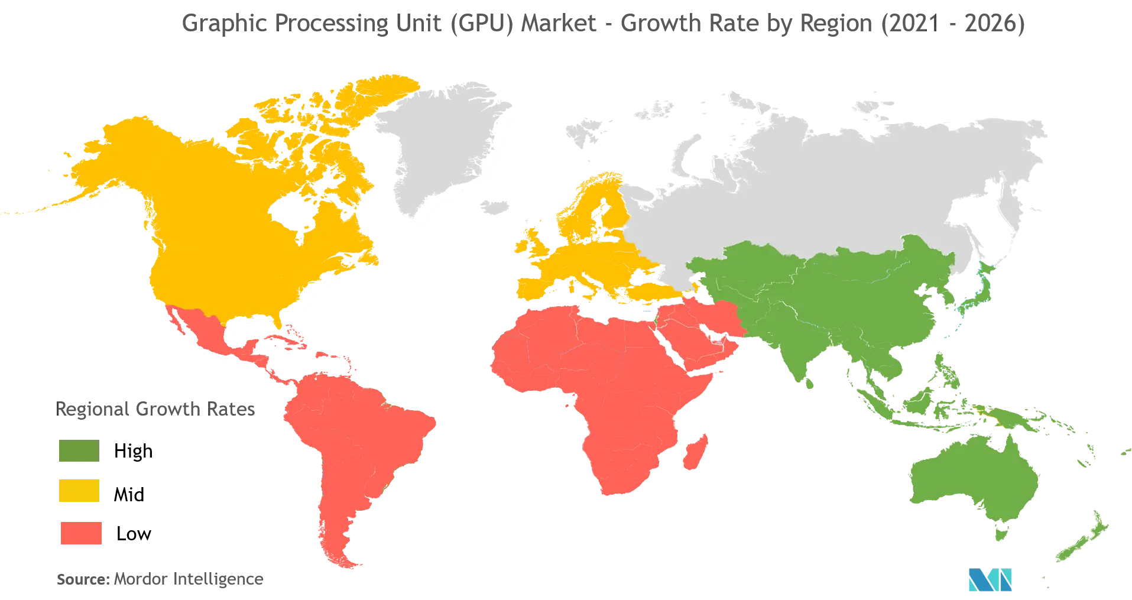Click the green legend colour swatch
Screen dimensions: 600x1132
tap(78, 451)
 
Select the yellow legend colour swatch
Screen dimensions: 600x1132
tap(78, 491)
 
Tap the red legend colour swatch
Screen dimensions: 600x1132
tap(81, 533)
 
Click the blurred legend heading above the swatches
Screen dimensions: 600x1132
tap(156, 408)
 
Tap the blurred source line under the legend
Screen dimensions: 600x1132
tap(160, 579)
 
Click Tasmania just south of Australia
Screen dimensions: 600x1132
tap(1001, 533)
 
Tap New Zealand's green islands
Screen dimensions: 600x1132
tap(1082, 544)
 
